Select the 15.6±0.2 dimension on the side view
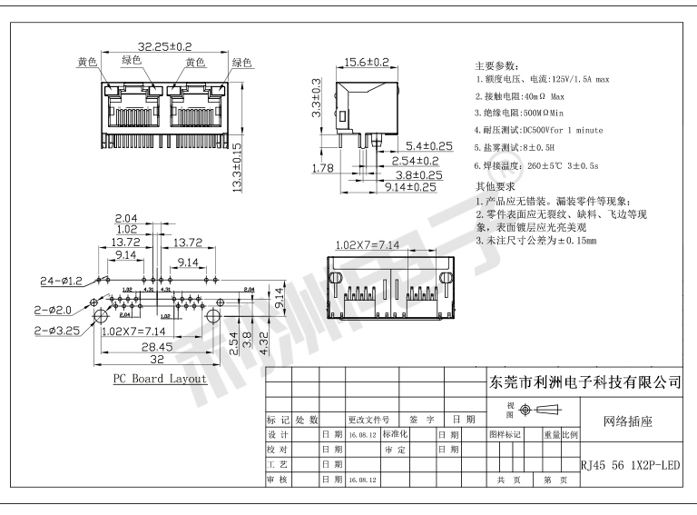point(366,63)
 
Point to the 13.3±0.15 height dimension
point(237,166)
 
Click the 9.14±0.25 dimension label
point(409,187)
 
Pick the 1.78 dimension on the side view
point(322,168)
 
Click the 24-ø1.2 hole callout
point(61,281)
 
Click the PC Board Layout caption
point(160,379)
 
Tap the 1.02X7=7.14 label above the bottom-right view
point(367,245)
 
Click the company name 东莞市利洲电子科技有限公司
point(584,382)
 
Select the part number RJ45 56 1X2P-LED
point(630,465)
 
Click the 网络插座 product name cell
point(629,421)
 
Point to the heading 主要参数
point(498,66)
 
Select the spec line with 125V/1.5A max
point(543,80)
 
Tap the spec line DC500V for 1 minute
point(539,130)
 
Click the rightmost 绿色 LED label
point(241,63)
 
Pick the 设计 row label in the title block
point(278,434)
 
